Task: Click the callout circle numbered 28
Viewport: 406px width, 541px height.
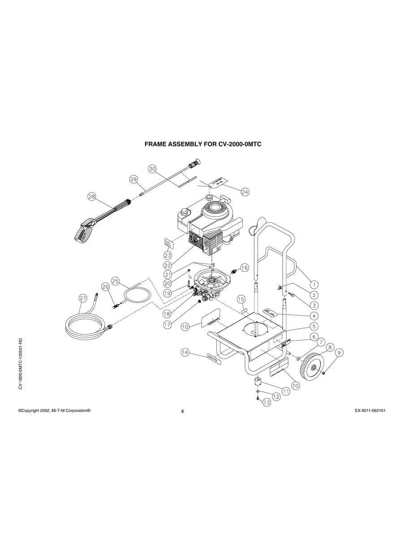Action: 91,197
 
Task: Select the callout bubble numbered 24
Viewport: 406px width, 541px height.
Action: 245,192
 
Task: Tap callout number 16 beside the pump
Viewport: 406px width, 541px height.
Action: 244,267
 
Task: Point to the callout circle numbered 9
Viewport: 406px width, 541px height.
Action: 339,353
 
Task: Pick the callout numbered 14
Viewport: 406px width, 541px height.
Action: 186,352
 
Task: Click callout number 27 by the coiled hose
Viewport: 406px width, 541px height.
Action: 82,298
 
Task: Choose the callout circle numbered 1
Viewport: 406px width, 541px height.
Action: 314,284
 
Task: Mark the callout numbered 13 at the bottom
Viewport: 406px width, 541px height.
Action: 267,403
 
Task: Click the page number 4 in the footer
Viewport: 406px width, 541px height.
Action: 182,412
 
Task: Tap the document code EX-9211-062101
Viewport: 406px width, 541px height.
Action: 367,410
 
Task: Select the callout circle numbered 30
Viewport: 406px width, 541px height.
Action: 152,169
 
